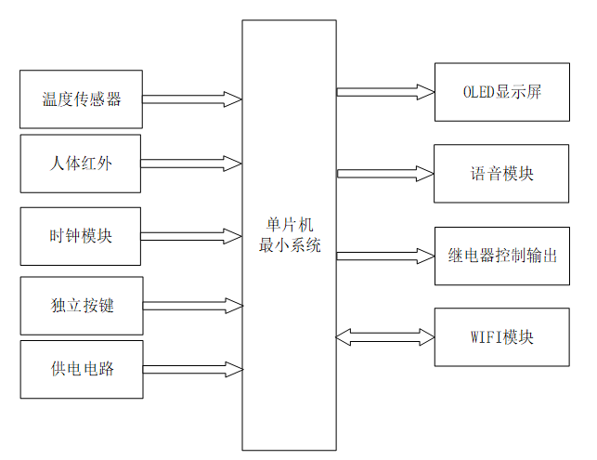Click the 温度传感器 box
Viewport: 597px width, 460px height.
pos(81,99)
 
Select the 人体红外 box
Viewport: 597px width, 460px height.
pos(81,164)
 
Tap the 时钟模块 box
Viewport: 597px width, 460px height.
pos(81,236)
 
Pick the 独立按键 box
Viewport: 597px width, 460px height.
pos(81,305)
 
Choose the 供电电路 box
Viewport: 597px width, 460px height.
pos(81,369)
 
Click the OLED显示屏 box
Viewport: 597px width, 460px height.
pos(501,92)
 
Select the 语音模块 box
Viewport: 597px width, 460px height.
pos(501,173)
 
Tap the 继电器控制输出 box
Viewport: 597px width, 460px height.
pos(501,255)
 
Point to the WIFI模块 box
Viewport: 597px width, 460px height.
pos(501,336)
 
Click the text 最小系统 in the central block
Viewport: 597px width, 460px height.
pos(289,246)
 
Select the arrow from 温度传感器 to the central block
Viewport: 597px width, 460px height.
pos(191,99)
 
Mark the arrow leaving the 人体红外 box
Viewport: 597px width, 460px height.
pos(191,164)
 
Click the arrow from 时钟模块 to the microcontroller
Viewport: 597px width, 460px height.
pos(191,236)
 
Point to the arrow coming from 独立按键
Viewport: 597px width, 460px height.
pos(191,305)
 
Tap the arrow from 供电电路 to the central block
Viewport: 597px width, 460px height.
pos(191,369)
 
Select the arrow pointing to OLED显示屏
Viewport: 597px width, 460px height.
pos(384,92)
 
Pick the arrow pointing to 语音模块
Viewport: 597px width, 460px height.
pos(384,173)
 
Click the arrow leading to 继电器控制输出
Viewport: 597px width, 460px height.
pos(384,255)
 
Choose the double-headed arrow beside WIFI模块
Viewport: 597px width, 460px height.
pos(384,336)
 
